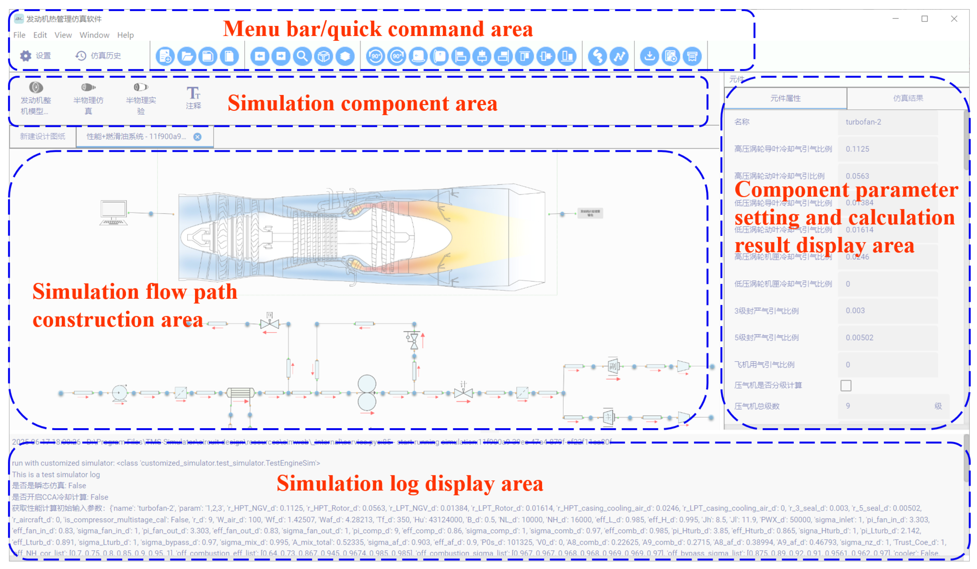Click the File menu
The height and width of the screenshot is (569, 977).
pos(19,35)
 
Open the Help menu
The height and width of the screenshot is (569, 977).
pos(125,35)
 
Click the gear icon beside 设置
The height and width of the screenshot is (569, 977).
pos(26,56)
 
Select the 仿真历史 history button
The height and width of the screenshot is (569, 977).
pos(98,56)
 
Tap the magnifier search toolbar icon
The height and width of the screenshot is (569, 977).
pos(302,56)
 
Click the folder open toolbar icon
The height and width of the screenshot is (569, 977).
pos(186,56)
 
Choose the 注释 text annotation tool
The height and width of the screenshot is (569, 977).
pos(193,98)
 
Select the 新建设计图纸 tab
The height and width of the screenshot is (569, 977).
pos(43,136)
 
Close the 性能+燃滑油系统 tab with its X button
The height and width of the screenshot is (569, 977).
pos(197,137)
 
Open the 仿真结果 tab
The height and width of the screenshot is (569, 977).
pos(908,98)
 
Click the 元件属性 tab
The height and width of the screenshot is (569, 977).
pos(785,98)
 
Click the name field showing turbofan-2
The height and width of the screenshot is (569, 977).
pos(887,122)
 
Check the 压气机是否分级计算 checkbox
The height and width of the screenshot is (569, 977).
pos(846,386)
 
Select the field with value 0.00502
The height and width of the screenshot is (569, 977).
pos(887,338)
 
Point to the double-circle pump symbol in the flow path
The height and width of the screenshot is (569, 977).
pos(367,393)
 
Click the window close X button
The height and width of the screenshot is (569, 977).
pos(954,19)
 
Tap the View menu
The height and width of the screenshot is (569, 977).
pos(63,35)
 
